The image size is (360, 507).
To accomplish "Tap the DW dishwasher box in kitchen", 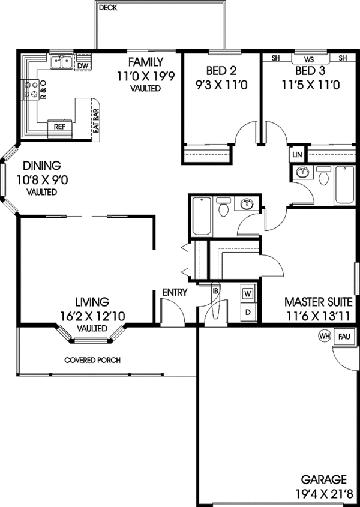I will click(x=83, y=64).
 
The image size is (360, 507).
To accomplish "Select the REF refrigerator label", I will click(x=60, y=127).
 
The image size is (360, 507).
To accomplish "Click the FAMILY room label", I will click(x=145, y=61).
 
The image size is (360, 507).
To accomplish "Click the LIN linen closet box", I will click(x=296, y=154).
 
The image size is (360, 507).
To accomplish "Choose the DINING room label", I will click(x=42, y=166).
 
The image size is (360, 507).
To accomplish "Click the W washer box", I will click(x=248, y=294).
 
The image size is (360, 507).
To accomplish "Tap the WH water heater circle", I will click(x=324, y=337).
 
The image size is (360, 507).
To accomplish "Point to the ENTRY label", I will click(x=175, y=292).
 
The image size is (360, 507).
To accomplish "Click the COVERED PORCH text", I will click(x=92, y=360).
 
